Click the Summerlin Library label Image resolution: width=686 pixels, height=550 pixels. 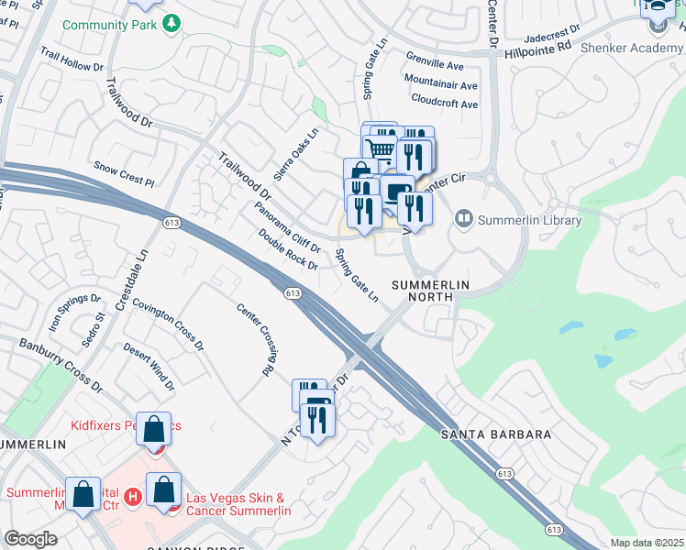(529, 220)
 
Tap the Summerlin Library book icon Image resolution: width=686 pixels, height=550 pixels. (464, 219)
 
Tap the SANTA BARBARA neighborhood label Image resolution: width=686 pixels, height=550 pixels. (495, 434)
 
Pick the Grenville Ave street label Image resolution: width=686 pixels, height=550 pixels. (435, 66)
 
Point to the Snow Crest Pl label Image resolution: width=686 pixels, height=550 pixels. (124, 174)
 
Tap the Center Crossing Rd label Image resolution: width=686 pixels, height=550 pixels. (256, 340)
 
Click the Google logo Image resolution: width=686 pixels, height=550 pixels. (30, 539)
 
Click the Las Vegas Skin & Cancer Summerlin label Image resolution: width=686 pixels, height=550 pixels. (236, 504)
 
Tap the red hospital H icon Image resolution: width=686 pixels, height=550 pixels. (132, 497)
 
